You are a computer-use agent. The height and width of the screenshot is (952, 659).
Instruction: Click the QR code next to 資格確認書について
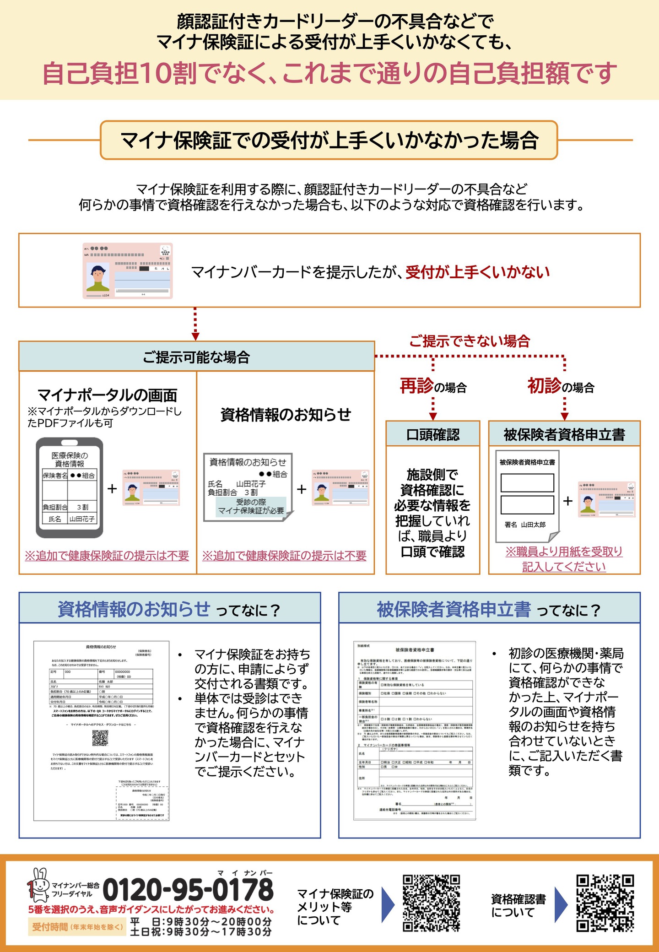(x=605, y=903)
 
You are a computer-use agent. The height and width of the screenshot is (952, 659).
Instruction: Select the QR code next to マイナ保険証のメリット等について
(x=431, y=903)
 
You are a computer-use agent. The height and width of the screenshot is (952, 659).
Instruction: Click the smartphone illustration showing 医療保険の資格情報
(x=70, y=487)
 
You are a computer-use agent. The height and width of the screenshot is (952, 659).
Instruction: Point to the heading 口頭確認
(x=432, y=434)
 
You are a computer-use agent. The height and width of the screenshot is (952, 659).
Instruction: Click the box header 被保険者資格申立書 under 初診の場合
(x=564, y=434)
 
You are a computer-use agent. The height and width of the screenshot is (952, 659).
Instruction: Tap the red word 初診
(x=544, y=386)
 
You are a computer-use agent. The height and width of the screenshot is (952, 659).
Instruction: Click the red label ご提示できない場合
(x=469, y=341)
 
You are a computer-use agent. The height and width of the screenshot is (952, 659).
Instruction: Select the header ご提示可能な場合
(x=196, y=357)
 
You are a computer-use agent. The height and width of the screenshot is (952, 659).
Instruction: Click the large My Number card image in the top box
(x=128, y=271)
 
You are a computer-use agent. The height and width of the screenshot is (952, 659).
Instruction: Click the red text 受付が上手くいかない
(x=477, y=272)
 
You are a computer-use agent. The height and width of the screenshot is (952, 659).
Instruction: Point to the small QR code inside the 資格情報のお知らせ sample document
(x=100, y=738)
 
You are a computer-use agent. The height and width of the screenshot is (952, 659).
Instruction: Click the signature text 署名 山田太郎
(x=525, y=525)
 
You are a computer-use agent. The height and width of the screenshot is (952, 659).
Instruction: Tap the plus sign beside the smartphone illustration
(x=112, y=489)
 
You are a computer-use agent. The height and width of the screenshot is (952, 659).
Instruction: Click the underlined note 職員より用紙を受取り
(x=564, y=552)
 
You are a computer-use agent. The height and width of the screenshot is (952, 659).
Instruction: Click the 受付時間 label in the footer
(x=49, y=927)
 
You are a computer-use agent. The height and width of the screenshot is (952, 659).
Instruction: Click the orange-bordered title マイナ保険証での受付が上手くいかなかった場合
(x=329, y=140)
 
